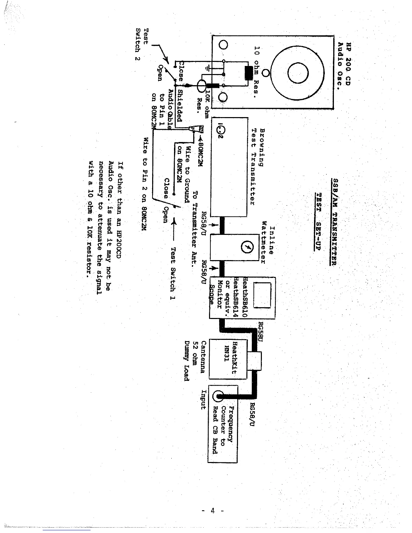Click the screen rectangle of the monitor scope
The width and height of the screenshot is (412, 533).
[263, 295]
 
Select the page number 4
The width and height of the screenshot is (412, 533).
[213, 510]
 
